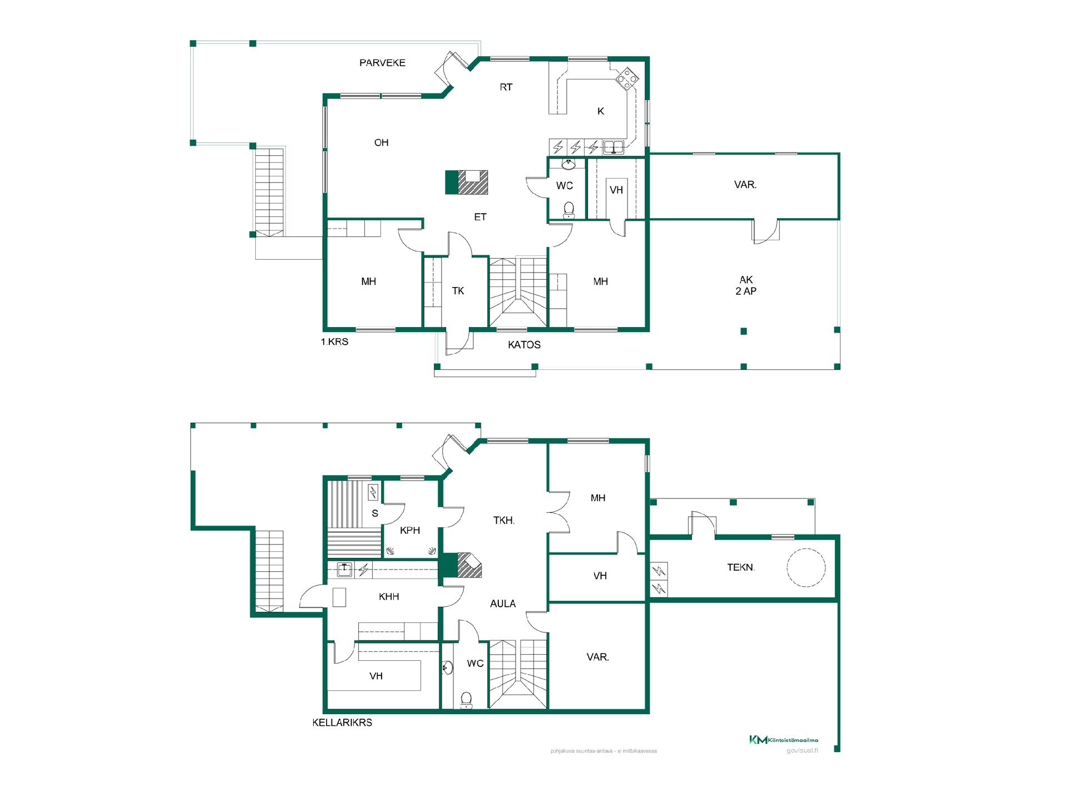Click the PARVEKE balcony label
(x=382, y=63)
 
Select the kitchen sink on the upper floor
(x=614, y=147)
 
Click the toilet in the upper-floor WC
(x=568, y=209)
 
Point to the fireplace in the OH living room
(x=467, y=182)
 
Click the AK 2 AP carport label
(x=746, y=285)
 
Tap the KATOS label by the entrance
(x=524, y=345)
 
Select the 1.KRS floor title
(x=334, y=342)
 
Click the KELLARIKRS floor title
(x=342, y=723)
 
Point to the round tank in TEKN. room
(x=806, y=568)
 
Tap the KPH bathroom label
(x=410, y=530)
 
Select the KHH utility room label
(x=389, y=597)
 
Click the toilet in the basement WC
(x=467, y=700)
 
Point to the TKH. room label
(x=504, y=521)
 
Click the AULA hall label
(x=503, y=604)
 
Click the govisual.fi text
(x=802, y=750)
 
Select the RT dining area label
(x=506, y=87)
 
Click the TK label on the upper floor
(x=458, y=291)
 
